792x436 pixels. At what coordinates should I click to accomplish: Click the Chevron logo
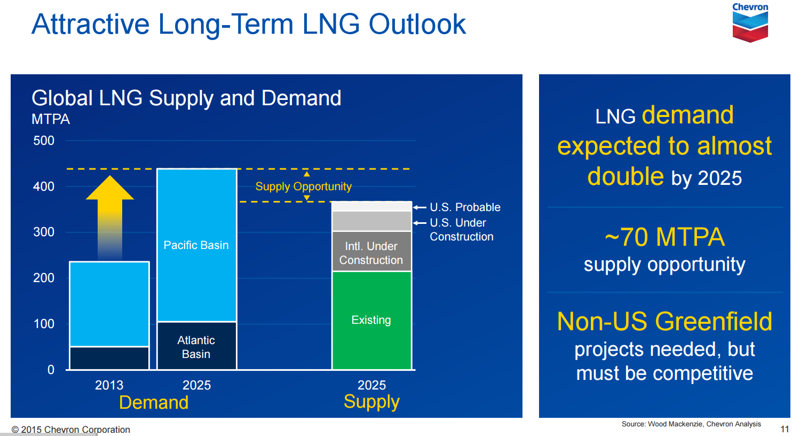click(750, 23)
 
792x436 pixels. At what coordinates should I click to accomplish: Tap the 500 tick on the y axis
click(44, 141)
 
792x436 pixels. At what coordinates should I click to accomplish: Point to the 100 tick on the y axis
click(44, 324)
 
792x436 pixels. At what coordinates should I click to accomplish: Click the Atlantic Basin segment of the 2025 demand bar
click(196, 347)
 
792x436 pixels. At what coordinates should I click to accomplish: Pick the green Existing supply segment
click(371, 320)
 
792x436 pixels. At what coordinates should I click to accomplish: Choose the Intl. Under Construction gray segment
click(371, 253)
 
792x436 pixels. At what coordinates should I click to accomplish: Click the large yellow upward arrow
click(109, 214)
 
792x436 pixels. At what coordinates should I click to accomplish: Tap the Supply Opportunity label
click(303, 186)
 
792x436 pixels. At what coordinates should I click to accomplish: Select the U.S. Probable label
click(465, 207)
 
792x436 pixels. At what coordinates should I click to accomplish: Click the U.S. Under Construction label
click(461, 230)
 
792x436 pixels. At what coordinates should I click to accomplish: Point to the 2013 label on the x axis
click(109, 385)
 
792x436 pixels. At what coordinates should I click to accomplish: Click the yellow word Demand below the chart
click(154, 402)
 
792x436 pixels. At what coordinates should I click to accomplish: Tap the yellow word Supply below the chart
click(371, 402)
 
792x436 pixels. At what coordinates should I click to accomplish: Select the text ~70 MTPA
click(664, 237)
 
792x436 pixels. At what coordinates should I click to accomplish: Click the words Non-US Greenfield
click(664, 322)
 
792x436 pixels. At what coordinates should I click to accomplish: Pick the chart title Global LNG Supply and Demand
click(186, 98)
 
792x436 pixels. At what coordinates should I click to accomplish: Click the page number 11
click(784, 429)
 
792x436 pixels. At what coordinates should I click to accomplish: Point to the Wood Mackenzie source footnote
click(691, 424)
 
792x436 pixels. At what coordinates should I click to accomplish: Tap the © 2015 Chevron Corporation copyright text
click(71, 430)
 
